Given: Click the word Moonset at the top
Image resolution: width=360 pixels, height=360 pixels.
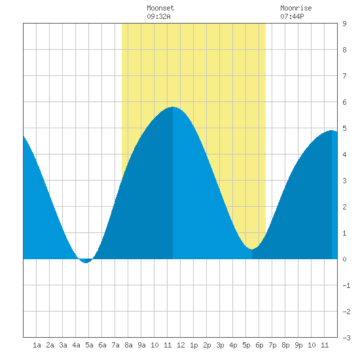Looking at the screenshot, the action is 160,8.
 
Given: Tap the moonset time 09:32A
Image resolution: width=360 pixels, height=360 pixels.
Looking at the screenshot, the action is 158,16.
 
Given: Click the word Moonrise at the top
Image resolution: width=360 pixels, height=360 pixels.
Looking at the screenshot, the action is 296,8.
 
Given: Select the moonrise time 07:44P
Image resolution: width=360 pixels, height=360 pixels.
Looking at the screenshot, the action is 292,16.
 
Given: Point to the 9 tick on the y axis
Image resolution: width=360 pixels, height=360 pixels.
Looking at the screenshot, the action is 344,24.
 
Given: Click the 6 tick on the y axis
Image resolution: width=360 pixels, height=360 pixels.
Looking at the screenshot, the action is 344,102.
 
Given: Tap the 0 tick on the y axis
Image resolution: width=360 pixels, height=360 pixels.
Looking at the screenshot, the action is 344,259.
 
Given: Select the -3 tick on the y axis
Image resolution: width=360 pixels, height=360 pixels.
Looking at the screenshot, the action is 346,338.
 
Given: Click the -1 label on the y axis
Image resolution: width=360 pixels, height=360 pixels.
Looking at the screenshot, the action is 346,285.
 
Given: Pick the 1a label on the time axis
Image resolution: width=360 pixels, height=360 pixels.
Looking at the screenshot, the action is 37,345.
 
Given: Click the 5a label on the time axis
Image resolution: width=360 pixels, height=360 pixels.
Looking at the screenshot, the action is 89,345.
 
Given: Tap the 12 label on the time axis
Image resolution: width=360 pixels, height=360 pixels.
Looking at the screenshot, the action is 181,345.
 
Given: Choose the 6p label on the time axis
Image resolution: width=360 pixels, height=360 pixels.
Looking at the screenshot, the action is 259,345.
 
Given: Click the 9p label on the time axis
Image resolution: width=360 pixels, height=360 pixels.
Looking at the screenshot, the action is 298,345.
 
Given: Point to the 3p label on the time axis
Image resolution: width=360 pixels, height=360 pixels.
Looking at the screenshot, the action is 220,345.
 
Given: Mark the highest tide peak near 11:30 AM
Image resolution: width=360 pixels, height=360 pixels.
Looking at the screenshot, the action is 173,107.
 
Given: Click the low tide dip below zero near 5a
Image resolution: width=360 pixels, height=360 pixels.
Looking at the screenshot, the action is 86,262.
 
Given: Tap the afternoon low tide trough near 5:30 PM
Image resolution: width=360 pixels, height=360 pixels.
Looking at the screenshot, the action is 252,249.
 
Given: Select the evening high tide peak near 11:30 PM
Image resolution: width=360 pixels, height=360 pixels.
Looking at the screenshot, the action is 332,130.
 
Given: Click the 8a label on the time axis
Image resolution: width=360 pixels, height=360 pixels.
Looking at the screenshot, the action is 128,345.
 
